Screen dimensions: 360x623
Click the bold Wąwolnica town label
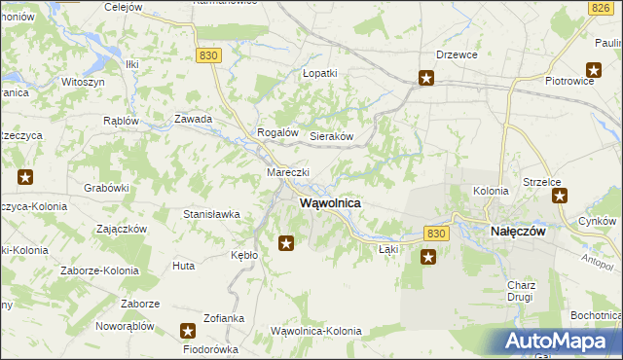330,203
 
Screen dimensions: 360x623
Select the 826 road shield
600,8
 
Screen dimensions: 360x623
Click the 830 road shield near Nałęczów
436,234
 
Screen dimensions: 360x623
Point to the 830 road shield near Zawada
207,56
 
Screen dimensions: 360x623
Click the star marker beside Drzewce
426,79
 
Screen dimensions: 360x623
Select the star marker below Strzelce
560,196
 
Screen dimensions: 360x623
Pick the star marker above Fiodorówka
189,332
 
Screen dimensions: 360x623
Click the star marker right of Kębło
286,243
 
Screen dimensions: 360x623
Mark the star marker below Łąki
428,257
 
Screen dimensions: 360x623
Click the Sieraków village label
331,137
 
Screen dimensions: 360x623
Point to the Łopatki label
319,73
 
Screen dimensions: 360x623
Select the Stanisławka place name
211,213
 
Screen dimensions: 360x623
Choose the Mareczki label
288,172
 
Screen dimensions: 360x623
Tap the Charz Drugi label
521,291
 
